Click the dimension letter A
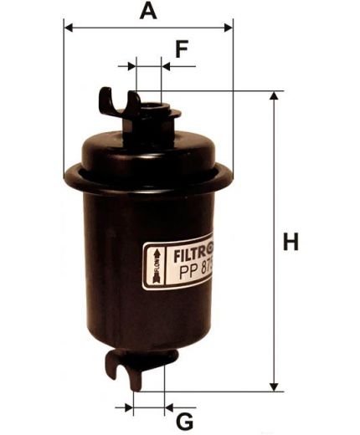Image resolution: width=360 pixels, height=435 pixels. (148, 11)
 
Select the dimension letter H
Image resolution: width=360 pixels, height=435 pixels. (291, 243)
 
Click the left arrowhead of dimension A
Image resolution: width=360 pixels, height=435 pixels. (68, 28)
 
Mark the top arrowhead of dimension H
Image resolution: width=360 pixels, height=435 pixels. (273, 96)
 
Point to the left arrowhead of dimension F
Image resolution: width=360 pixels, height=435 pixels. (132, 65)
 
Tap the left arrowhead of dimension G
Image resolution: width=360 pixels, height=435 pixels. (131, 408)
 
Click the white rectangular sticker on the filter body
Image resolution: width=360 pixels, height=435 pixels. (177, 265)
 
